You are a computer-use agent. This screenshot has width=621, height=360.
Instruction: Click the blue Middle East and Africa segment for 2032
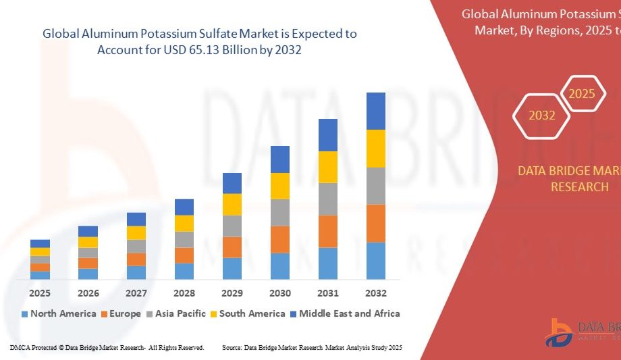coord(376,111)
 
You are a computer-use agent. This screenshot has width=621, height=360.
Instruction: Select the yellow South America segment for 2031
coord(328,167)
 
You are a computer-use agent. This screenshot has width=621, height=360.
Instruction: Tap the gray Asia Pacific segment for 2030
coord(280,212)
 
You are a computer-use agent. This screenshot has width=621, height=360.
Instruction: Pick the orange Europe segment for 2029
coord(232,247)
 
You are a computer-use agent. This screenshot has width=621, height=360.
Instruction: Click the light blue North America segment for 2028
coord(184,271)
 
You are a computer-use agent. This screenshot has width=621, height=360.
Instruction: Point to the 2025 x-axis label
coord(40,293)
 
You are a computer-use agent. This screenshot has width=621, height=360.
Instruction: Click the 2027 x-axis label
coord(136,293)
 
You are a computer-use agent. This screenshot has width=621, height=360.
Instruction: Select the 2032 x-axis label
coord(376,293)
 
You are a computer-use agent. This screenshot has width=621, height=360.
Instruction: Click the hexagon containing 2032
coord(542,115)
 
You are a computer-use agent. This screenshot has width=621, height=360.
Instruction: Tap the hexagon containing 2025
coord(582,94)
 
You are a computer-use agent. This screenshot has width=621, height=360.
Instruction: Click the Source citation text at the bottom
coord(312,347)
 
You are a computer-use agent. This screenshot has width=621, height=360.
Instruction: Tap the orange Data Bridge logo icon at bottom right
coord(559,332)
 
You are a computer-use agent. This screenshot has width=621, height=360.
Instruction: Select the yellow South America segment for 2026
coord(88,242)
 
